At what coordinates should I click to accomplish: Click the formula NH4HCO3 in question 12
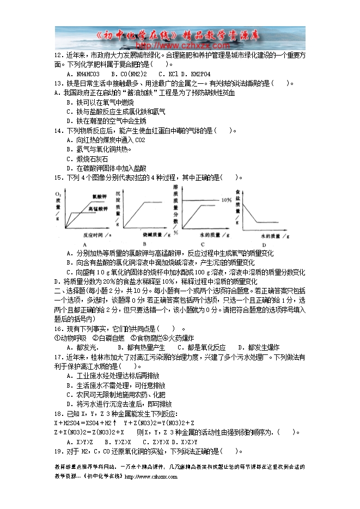pyautogui.click(x=83, y=73)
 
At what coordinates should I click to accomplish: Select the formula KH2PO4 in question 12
pyautogui.click(x=196, y=73)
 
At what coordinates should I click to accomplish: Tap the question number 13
pyautogui.click(x=58, y=83)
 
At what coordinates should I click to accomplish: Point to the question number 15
pyautogui.click(x=58, y=177)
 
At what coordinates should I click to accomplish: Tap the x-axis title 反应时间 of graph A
pyautogui.click(x=94, y=235)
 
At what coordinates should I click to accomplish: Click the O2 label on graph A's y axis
pyautogui.click(x=58, y=194)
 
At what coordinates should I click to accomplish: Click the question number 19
pyautogui.click(x=58, y=451)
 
